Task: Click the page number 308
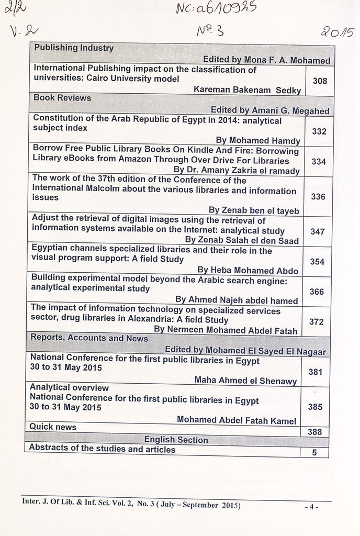pos(320,81)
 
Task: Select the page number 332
pos(319,131)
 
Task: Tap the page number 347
pos(318,231)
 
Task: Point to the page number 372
pos(316,322)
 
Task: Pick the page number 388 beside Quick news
pos(314,432)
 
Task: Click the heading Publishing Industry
pos(74,48)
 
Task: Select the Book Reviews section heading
pos(62,98)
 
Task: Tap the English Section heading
pos(176,440)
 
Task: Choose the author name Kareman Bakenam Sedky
pos(247,90)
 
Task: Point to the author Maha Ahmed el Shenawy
pos(245,381)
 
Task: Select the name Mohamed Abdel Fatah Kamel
pos(237,420)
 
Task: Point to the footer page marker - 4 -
pos(312,507)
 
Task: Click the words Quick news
pos(53,427)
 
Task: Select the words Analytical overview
pos(69,388)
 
